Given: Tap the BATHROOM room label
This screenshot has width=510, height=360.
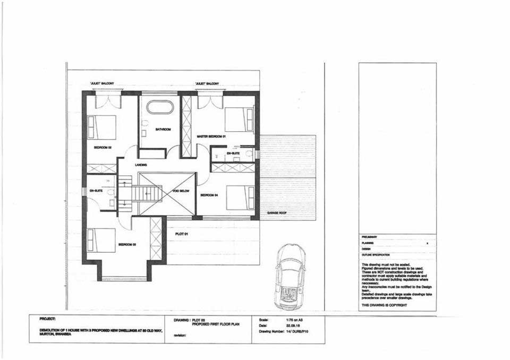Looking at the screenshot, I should click(x=162, y=129).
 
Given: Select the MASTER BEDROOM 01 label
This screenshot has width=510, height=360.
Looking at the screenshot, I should click(x=211, y=136).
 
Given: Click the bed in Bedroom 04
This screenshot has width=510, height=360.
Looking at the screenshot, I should click(x=241, y=198).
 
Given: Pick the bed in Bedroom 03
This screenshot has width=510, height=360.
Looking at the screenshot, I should click(x=101, y=239).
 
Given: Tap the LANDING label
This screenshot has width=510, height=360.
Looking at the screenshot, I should click(x=141, y=165).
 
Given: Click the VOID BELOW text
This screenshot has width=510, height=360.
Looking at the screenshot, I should click(x=181, y=191).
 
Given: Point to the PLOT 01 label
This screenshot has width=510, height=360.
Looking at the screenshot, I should click(x=182, y=233).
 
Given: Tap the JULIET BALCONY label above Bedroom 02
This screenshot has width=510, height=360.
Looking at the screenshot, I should click(x=102, y=83).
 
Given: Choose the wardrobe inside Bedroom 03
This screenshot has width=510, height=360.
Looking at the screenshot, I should click(x=156, y=238).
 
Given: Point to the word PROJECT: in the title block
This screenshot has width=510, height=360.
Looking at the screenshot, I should click(x=48, y=320).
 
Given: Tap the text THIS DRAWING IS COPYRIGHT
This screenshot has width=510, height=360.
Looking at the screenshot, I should click(x=384, y=305).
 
